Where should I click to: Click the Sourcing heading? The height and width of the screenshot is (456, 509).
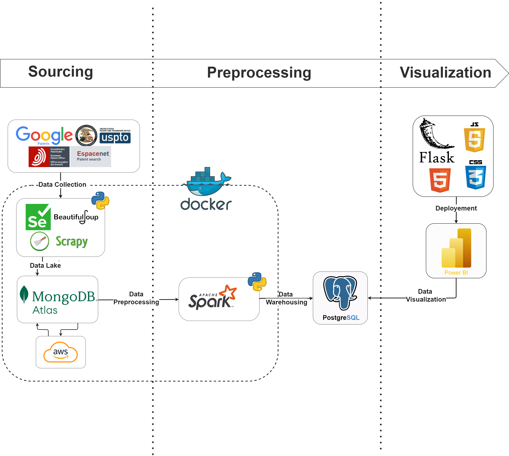pos(60,72)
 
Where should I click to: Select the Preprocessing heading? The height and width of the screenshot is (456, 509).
pos(259,73)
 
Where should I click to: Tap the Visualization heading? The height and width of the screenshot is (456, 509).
pos(445,73)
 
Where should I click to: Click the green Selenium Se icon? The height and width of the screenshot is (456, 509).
pos(38,217)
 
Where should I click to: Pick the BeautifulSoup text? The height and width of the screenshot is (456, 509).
pos(76,217)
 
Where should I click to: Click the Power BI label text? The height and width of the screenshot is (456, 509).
pos(456,273)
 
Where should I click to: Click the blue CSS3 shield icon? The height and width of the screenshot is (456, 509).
pos(475,177)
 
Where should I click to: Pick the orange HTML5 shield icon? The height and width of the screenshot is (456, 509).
pos(440,180)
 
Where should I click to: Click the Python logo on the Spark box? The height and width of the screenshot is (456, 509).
pos(257,282)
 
